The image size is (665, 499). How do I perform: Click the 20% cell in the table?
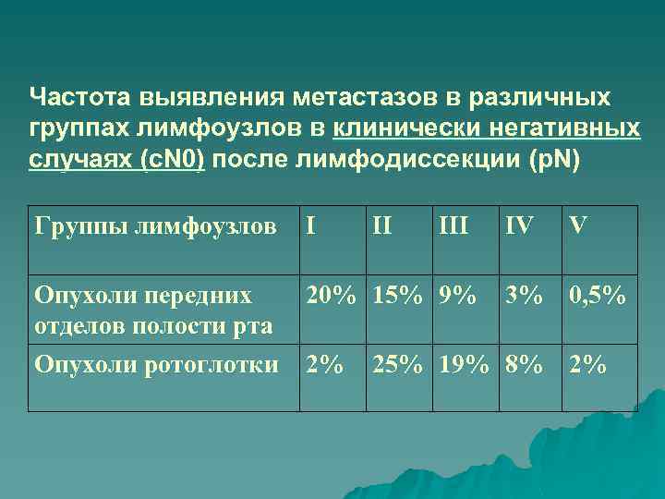click(x=332, y=296)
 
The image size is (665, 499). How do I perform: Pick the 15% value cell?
click(x=398, y=296)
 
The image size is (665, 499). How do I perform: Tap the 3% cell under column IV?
click(x=522, y=296)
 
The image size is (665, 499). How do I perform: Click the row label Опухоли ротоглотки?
click(x=155, y=365)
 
